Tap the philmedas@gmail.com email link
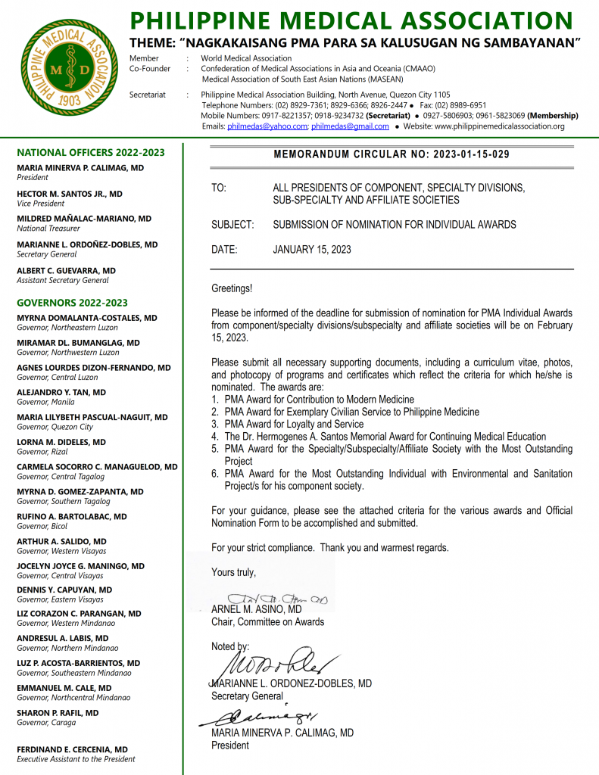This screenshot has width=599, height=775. tap(350, 126)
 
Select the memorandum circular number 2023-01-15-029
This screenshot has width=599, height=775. tap(471, 154)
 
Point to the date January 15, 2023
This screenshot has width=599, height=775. tap(311, 249)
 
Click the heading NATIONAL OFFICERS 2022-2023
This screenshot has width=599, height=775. tap(91, 153)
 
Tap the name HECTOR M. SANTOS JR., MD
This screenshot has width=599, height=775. tap(69, 194)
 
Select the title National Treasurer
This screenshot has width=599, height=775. tap(48, 229)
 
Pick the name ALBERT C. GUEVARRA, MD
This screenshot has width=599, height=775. tap(66, 270)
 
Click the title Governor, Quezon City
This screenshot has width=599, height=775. tap(55, 427)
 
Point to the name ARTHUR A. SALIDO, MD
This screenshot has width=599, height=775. tap(61, 541)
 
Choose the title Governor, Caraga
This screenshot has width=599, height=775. tap(46, 723)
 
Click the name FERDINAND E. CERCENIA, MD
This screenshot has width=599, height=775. tap(72, 749)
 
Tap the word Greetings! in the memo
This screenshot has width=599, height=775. tap(232, 288)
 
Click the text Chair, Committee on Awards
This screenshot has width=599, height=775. tap(267, 622)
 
